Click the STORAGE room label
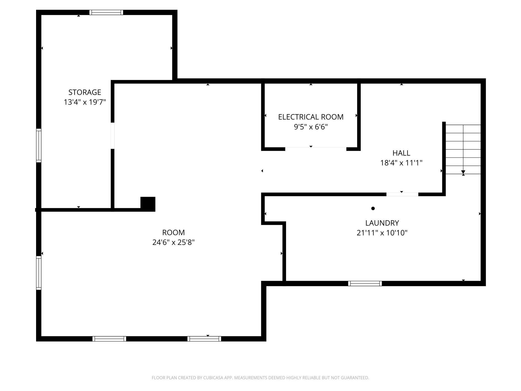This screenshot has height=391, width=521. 85,92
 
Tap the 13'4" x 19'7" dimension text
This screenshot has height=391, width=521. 85,102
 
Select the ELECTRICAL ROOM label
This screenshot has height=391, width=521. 311,117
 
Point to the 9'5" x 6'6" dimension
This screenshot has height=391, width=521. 311,127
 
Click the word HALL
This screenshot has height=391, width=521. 401,153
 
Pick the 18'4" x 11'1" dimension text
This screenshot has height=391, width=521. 401,163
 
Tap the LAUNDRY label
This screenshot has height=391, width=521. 382,223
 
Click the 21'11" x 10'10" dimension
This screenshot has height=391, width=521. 382,233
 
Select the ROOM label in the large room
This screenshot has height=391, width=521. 173,233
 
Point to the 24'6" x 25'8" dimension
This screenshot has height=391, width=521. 173,242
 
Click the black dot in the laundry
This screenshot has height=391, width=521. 373,208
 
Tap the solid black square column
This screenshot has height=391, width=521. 148,204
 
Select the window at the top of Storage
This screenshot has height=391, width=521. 106,13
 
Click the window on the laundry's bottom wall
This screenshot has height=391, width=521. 365,283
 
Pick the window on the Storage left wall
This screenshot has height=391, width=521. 39,145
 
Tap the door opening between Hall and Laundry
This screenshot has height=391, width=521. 402,194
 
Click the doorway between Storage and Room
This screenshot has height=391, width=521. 113,136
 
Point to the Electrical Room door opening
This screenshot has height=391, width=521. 316,149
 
